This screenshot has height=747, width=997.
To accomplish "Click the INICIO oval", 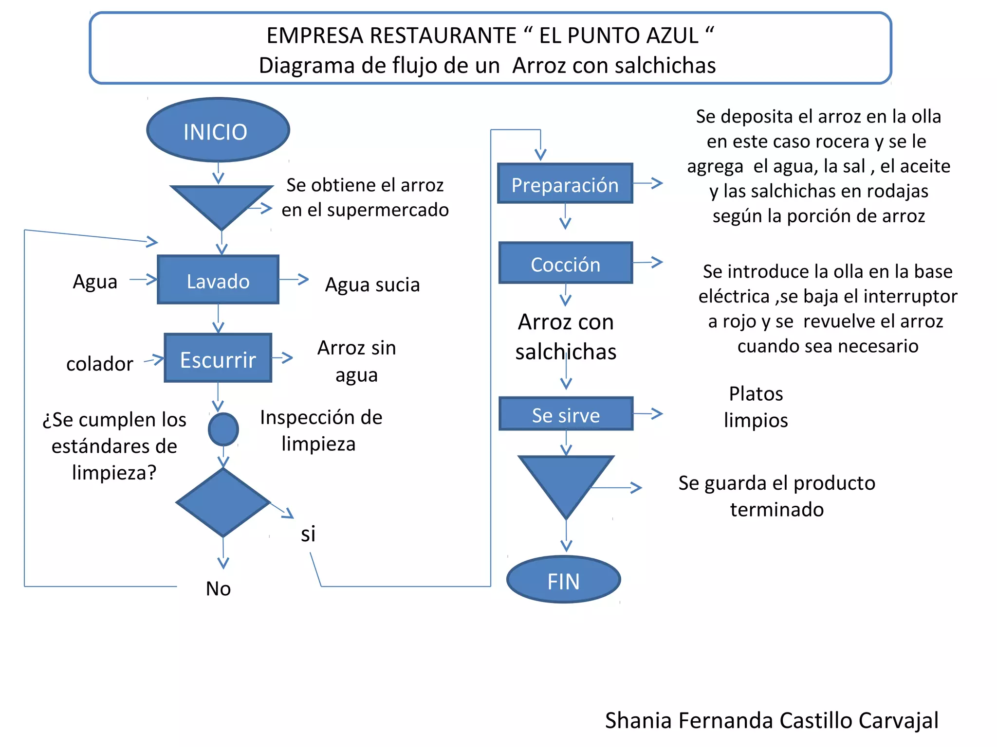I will tap(218, 130).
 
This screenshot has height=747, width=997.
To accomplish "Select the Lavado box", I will tap(218, 280).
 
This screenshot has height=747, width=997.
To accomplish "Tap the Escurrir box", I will tap(218, 358).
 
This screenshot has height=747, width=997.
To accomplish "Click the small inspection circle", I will tap(223, 429).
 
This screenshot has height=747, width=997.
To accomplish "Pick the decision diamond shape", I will tap(223, 502).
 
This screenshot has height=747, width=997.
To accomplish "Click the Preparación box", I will tap(565, 183).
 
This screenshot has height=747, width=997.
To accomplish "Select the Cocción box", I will tap(566, 263).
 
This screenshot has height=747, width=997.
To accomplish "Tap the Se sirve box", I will tap(566, 414).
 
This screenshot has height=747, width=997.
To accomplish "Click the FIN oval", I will tap(564, 580).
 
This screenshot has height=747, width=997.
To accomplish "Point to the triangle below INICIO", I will tap(221, 203).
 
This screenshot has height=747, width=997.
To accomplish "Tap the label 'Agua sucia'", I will tap(372, 285).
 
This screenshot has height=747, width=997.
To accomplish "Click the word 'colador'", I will tap(100, 364).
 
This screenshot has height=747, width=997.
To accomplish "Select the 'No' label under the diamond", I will tap(218, 588).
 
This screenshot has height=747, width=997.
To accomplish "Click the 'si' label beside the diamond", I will tap(308, 534).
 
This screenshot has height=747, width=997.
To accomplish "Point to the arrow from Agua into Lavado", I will tap(144, 280).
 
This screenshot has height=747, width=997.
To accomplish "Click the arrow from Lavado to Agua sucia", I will tap(295, 280).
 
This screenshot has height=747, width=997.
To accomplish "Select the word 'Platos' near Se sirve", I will tap(756, 394).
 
